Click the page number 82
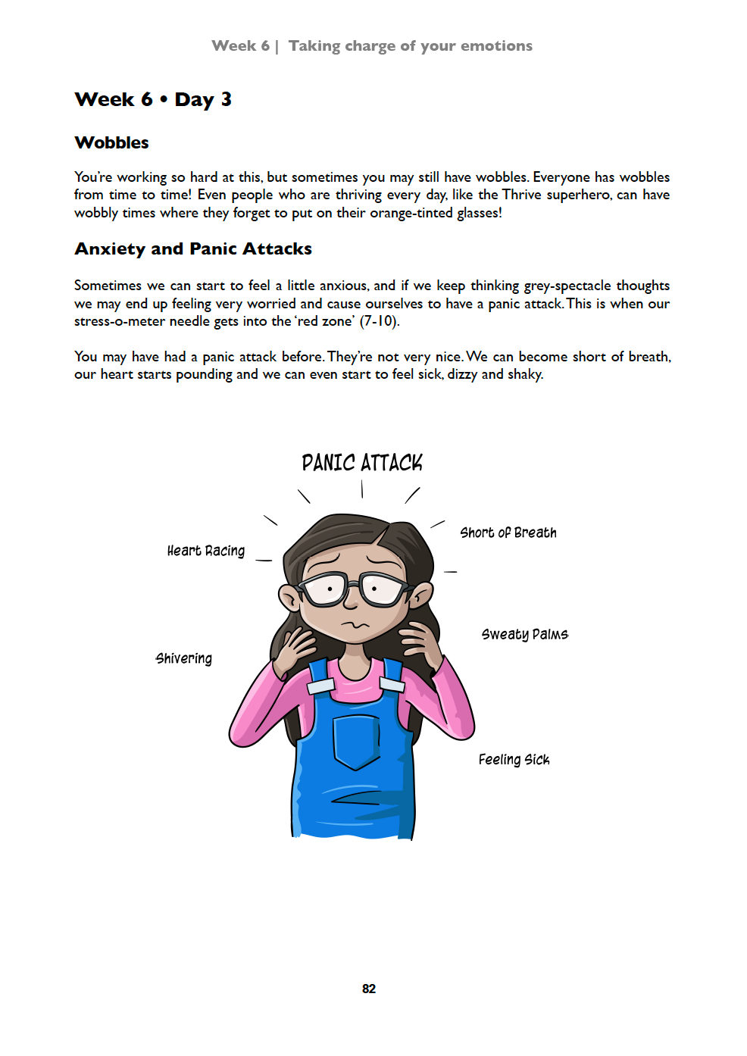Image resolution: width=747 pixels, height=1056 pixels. (x=369, y=989)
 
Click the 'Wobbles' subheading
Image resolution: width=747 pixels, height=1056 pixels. (x=111, y=142)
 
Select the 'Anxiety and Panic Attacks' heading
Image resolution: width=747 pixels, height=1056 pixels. (x=193, y=248)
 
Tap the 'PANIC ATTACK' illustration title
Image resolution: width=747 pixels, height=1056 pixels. (x=362, y=463)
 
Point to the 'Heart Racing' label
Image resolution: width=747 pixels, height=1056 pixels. (x=206, y=551)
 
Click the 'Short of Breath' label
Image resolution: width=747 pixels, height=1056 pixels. (x=508, y=533)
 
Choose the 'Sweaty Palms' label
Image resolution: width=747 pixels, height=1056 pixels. (x=524, y=634)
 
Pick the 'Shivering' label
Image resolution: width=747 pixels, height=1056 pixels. (x=184, y=658)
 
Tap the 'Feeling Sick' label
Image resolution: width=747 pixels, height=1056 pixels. (x=514, y=759)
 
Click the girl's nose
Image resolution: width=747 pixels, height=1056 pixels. (x=350, y=603)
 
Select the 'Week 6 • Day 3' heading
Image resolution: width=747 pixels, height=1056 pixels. (x=153, y=99)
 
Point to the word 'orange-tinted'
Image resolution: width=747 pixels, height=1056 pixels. (x=411, y=213)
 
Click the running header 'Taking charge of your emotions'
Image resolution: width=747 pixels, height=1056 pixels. (x=410, y=45)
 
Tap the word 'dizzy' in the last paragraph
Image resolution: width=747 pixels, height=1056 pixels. (x=462, y=374)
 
